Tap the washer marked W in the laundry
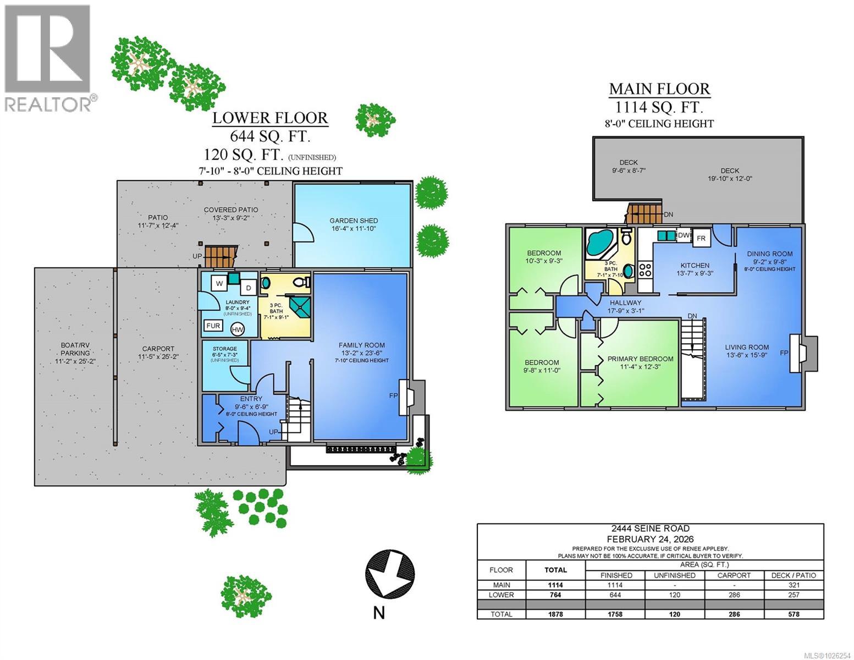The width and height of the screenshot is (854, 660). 219,284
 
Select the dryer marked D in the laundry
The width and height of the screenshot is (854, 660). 248,288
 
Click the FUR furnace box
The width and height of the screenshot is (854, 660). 213,326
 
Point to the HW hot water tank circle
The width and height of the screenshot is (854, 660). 238,329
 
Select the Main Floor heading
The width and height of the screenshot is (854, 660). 659,89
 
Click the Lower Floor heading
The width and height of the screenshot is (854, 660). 270,118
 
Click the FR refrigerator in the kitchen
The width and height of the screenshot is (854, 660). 701,238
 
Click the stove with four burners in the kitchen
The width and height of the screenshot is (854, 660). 644,270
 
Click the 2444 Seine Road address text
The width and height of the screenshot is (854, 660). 650,529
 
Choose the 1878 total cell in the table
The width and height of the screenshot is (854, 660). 555,614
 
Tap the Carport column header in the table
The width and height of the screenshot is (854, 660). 734,575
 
